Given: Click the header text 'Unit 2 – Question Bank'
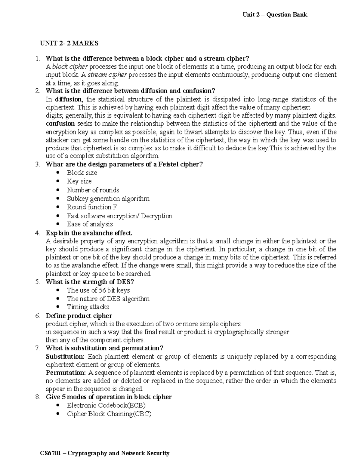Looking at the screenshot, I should tap(275, 15).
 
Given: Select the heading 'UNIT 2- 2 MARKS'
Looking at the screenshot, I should tap(69, 43).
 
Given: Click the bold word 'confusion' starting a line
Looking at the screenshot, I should tap(60, 124).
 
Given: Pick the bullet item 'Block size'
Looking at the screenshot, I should tap(82, 173).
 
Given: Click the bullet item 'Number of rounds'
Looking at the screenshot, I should tap(93, 190).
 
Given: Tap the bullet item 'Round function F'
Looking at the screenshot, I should tap(92, 207).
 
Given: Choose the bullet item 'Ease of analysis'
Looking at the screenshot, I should tap(90, 224).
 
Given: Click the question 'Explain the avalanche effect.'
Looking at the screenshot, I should tap(89, 233).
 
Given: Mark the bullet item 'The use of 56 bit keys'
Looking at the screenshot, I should tap(98, 290).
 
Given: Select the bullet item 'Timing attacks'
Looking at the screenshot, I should tap(88, 307).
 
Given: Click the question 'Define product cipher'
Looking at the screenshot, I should tap(79, 316).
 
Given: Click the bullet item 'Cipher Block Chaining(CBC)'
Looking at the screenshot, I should tap(109, 414).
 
